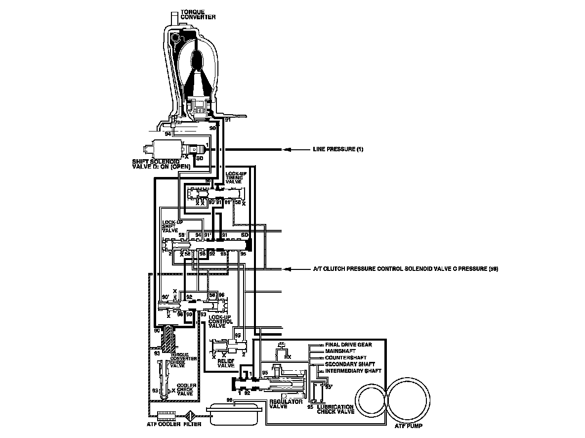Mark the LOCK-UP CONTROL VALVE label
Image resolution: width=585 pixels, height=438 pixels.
tap(220, 321)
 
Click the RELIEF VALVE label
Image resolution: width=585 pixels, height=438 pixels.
tap(226, 363)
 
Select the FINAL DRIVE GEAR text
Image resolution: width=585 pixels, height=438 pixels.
tap(348, 345)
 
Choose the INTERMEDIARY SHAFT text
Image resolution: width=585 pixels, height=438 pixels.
tap(353, 370)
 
